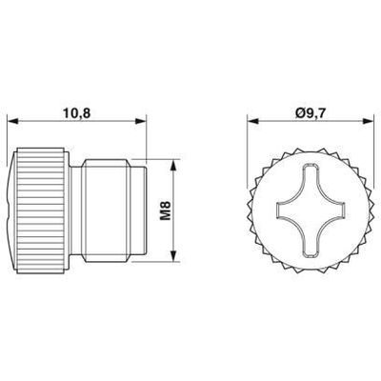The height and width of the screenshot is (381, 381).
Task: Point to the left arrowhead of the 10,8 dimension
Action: tap(13, 122)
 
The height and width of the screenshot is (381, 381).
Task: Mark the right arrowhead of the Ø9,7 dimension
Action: tap(372, 122)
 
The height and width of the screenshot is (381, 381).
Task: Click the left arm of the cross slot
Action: tap(280, 211)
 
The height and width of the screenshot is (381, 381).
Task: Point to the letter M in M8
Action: tap(165, 216)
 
